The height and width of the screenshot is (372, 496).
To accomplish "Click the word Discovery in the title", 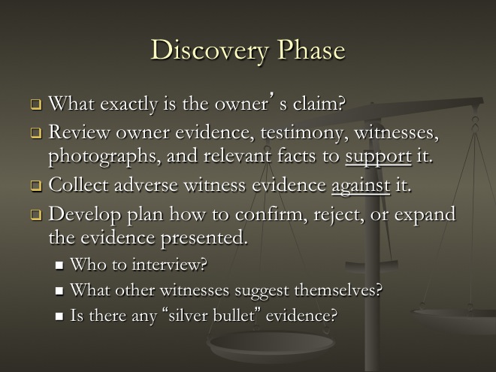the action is pyautogui.click(x=210, y=50).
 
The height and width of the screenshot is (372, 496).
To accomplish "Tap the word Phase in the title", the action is pyautogui.click(x=311, y=50).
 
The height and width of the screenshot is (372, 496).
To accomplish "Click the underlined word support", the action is pyautogui.click(x=378, y=157).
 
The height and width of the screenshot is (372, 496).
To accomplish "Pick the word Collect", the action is pyautogui.click(x=78, y=185).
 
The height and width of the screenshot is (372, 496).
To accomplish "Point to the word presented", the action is pyautogui.click(x=204, y=239).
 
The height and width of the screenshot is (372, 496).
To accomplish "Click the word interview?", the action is pyautogui.click(x=170, y=264).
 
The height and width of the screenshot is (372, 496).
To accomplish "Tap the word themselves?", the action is pyautogui.click(x=338, y=290).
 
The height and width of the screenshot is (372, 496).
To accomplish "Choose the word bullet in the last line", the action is pyautogui.click(x=234, y=315).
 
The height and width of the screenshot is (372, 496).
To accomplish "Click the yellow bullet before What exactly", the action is pyautogui.click(x=36, y=104).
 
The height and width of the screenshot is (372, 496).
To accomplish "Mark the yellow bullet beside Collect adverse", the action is pyautogui.click(x=36, y=186).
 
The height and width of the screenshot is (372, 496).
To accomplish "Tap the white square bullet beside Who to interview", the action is pyautogui.click(x=59, y=265).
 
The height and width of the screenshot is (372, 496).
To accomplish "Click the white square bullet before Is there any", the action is pyautogui.click(x=59, y=316).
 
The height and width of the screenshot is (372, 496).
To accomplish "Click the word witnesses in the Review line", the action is pyautogui.click(x=397, y=133).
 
